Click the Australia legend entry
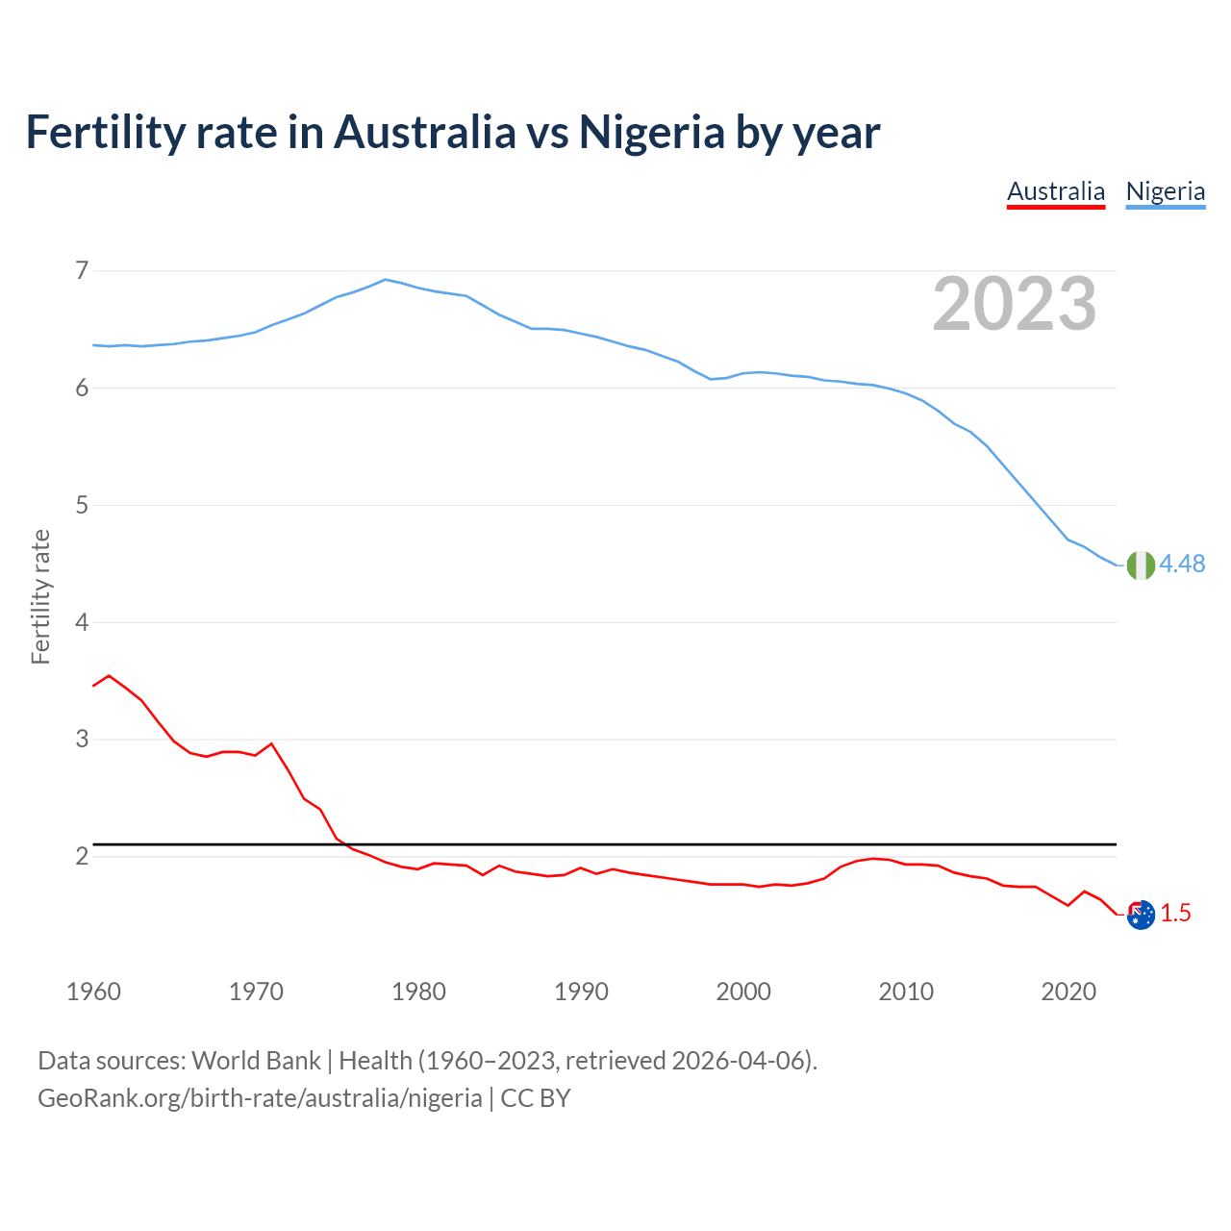[x=1056, y=191]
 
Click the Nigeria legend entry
[x=1166, y=191]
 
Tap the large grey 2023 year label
[x=1015, y=304]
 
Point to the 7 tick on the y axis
[x=82, y=270]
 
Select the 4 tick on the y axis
[x=82, y=622]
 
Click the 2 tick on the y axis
[x=82, y=856]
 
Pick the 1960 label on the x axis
[x=93, y=992]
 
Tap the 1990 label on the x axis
[x=581, y=992]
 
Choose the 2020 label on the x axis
[x=1068, y=992]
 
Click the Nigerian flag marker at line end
[x=1141, y=565]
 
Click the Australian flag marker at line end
[x=1141, y=915]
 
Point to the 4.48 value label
[x=1182, y=565]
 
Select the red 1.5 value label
[x=1175, y=914]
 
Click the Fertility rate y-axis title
[x=40, y=596]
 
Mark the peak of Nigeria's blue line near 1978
[x=386, y=280]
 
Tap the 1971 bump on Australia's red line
[x=271, y=743]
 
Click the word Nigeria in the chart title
[x=651, y=133]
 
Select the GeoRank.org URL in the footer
[x=260, y=1098]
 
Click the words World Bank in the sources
[x=256, y=1061]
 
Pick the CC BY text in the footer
[x=536, y=1098]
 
